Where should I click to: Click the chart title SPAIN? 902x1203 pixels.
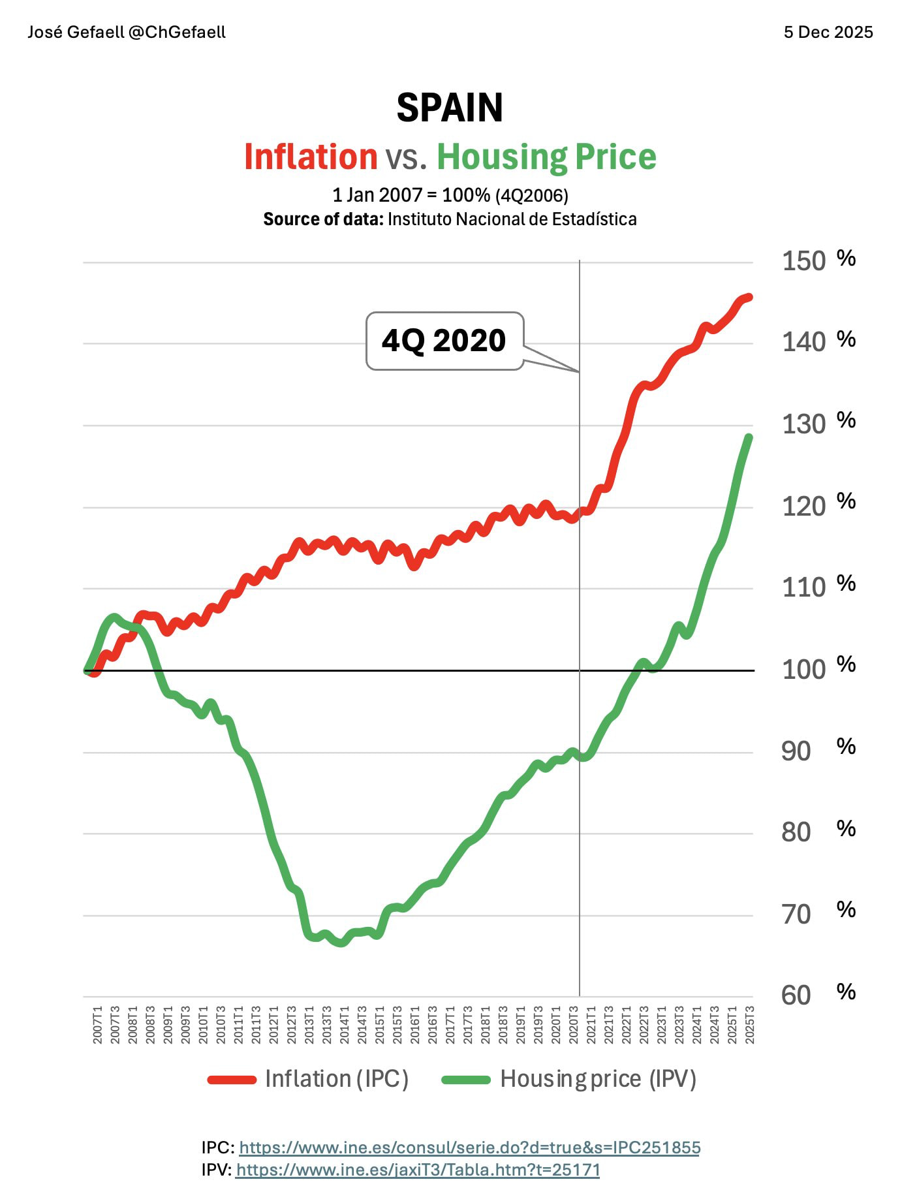(x=450, y=108)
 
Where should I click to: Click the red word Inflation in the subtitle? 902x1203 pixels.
(x=311, y=157)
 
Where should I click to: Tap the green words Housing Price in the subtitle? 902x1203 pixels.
(x=546, y=157)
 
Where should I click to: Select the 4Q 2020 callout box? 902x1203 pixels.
(x=444, y=341)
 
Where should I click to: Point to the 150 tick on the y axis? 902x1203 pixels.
(x=803, y=261)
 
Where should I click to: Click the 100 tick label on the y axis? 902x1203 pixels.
(x=803, y=669)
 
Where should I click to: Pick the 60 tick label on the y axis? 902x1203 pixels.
(x=796, y=995)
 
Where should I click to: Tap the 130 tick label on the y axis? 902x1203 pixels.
(x=803, y=424)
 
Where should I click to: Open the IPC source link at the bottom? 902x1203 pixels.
(x=469, y=1148)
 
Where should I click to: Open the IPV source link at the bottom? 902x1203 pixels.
(x=418, y=1170)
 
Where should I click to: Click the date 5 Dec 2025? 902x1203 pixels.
(x=828, y=32)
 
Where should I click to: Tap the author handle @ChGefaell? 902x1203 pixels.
(x=177, y=32)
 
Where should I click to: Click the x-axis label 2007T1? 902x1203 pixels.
(x=97, y=1025)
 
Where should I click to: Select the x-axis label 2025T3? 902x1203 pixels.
(x=749, y=1025)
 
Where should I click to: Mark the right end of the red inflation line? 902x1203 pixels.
(x=749, y=298)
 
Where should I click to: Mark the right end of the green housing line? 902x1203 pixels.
(x=749, y=437)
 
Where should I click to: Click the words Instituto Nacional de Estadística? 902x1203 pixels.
(x=512, y=219)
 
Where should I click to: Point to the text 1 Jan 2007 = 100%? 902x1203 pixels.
(x=411, y=195)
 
